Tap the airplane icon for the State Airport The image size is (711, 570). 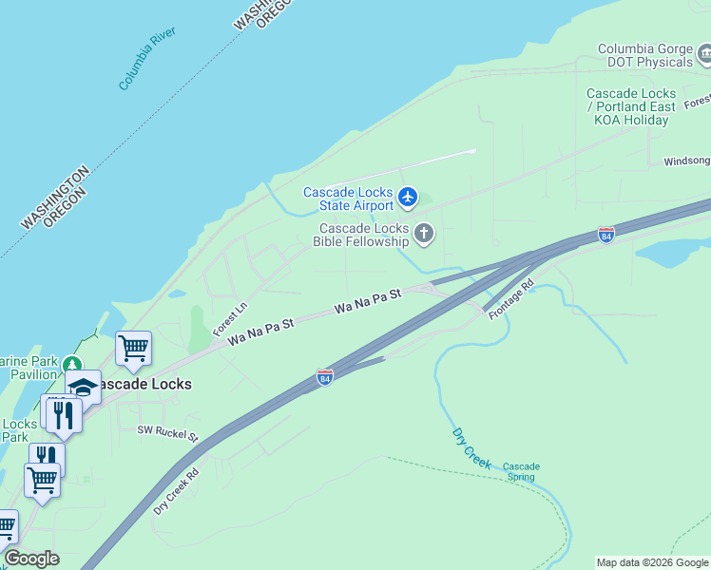click(409, 198)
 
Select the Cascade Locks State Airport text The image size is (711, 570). click(348, 199)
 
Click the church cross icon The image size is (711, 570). click(425, 233)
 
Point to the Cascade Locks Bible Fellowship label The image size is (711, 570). click(364, 235)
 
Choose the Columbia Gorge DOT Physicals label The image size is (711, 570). click(644, 55)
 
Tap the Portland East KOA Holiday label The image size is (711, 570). click(631, 106)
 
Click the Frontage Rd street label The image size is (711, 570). click(511, 299)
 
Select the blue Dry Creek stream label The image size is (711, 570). click(471, 449)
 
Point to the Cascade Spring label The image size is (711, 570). click(521, 471)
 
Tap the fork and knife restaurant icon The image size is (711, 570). click(64, 415)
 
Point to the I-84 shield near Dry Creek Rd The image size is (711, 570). click(324, 377)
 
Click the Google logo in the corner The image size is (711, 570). click(31, 559)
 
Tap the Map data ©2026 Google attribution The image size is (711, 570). click(653, 562)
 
